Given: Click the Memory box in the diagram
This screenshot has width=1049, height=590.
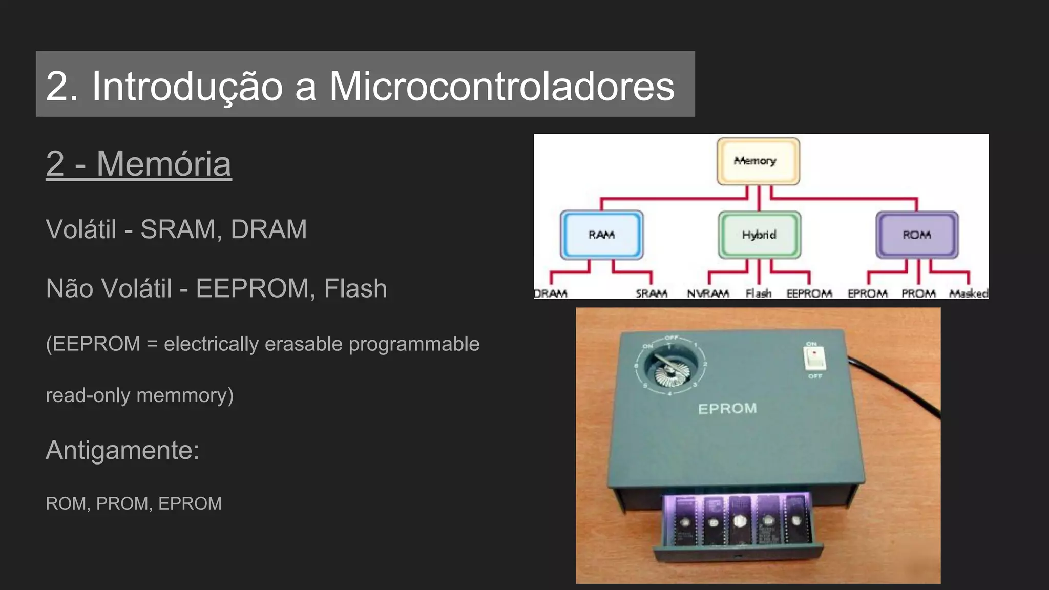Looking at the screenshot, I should point(758,161).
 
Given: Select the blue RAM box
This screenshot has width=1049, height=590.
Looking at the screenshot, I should point(601,235).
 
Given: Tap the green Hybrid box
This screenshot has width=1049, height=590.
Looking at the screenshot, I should point(759,235).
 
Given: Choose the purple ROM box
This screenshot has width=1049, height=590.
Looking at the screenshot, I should point(916,235).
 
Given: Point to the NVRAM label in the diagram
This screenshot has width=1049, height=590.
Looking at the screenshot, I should point(708,293).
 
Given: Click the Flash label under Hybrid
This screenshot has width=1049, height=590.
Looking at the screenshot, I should point(758,293).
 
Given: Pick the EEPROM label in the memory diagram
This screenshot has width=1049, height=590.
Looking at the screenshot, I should point(809,293).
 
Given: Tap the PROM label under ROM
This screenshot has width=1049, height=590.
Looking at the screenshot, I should point(918,293).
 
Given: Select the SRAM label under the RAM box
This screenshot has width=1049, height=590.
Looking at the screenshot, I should point(651,293).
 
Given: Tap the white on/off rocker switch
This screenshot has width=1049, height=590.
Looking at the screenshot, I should point(814,358).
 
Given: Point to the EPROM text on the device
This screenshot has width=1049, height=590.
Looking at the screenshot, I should point(727,409).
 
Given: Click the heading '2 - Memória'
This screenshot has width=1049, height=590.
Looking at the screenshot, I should point(138,164).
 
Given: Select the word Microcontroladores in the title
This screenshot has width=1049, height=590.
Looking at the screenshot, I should point(501,86).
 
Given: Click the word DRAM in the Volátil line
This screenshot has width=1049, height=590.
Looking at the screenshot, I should point(268,229).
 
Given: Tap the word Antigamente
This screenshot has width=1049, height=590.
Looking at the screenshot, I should point(122,450).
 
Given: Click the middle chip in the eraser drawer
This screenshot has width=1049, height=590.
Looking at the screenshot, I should point(739,520).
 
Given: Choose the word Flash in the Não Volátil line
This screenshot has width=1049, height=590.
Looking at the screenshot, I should point(355,288).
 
